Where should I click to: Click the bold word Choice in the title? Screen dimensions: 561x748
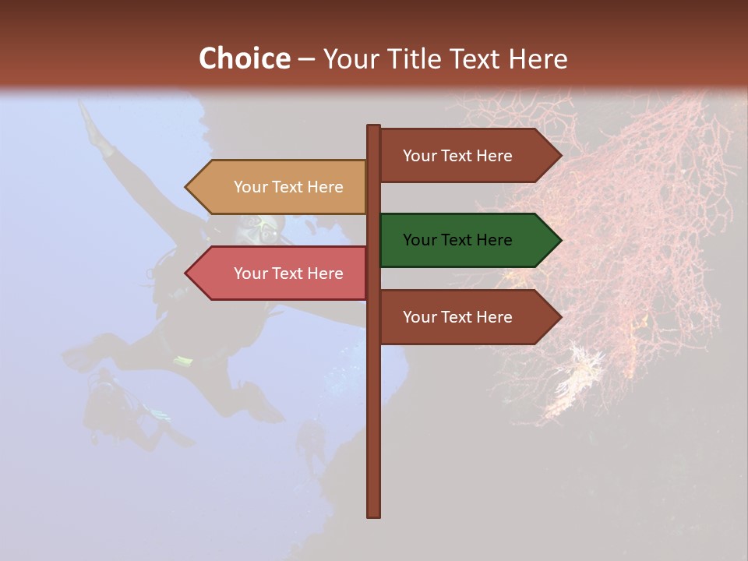[244, 58]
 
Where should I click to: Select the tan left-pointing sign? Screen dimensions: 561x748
[280, 187]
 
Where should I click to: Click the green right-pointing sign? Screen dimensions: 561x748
[467, 240]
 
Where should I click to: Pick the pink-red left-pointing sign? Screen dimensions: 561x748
[280, 273]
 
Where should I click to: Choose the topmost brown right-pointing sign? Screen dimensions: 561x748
[467, 156]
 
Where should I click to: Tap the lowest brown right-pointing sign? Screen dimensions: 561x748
[467, 317]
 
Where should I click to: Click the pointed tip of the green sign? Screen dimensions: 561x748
[559, 240]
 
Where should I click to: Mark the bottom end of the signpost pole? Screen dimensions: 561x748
[374, 514]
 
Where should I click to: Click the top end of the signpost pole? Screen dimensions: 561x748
[374, 127]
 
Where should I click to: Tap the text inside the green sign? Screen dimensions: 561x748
[457, 240]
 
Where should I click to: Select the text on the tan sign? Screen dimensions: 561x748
[288, 187]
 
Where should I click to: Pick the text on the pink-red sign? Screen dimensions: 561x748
[288, 273]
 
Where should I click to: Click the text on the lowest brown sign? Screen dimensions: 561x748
[457, 317]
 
